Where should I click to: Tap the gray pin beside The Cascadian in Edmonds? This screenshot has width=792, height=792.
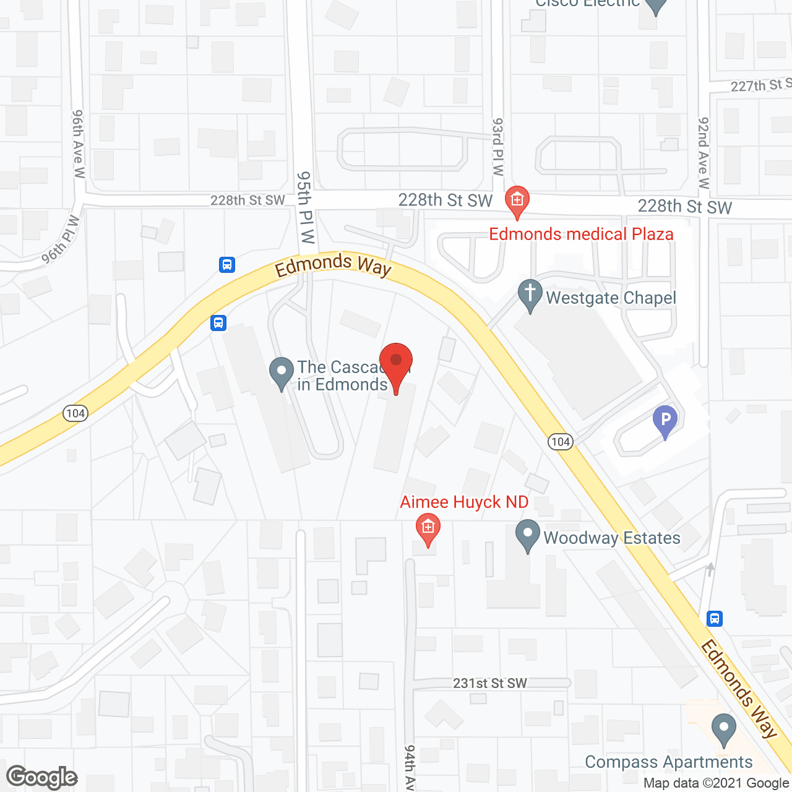[x=282, y=372]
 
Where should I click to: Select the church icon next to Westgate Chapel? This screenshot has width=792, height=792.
[x=530, y=295]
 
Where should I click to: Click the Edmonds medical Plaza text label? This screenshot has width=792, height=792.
[x=581, y=235]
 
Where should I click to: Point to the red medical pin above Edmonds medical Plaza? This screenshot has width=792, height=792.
[x=517, y=201]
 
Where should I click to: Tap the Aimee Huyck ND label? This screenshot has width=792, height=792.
[x=464, y=502]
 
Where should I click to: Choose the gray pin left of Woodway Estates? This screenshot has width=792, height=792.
[x=528, y=536]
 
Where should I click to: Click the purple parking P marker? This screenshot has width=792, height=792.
[x=665, y=421]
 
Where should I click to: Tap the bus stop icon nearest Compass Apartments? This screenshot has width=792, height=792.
[x=715, y=618]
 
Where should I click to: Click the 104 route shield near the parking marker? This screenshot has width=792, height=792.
[x=561, y=442]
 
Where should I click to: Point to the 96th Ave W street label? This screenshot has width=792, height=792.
[x=78, y=144]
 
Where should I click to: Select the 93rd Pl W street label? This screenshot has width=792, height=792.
[x=498, y=147]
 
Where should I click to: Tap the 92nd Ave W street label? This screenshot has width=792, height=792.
[x=704, y=152]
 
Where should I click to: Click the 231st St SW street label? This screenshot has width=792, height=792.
[x=490, y=683]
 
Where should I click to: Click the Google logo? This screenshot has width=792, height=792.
[x=42, y=777]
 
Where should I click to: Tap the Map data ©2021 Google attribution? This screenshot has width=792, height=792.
[x=717, y=783]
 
